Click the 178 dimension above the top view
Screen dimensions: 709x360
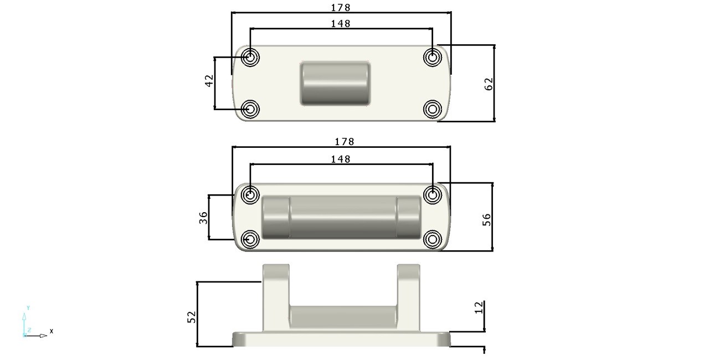341,8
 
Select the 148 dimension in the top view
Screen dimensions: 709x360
341,24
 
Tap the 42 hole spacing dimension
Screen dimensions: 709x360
209,81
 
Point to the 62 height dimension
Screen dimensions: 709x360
489,84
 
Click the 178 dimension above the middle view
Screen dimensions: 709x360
345,142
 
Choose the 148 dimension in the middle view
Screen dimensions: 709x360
341,159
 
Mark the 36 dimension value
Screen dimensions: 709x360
203,218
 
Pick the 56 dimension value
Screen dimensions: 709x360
486,220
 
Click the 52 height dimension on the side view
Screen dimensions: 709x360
192,317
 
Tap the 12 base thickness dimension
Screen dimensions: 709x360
479,307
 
